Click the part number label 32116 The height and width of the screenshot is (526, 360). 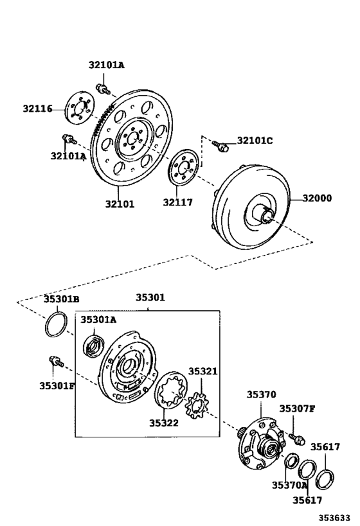37,109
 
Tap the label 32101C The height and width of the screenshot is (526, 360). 255,141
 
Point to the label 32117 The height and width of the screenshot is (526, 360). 177,203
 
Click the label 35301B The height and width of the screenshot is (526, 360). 61,299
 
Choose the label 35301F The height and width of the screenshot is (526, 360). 57,385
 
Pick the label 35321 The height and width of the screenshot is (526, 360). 203,372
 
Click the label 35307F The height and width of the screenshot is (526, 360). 296,408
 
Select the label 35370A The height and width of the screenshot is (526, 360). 289,485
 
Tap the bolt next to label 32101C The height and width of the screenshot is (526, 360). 221,147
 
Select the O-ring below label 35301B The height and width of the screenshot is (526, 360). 55,324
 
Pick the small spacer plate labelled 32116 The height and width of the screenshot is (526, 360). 78,109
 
